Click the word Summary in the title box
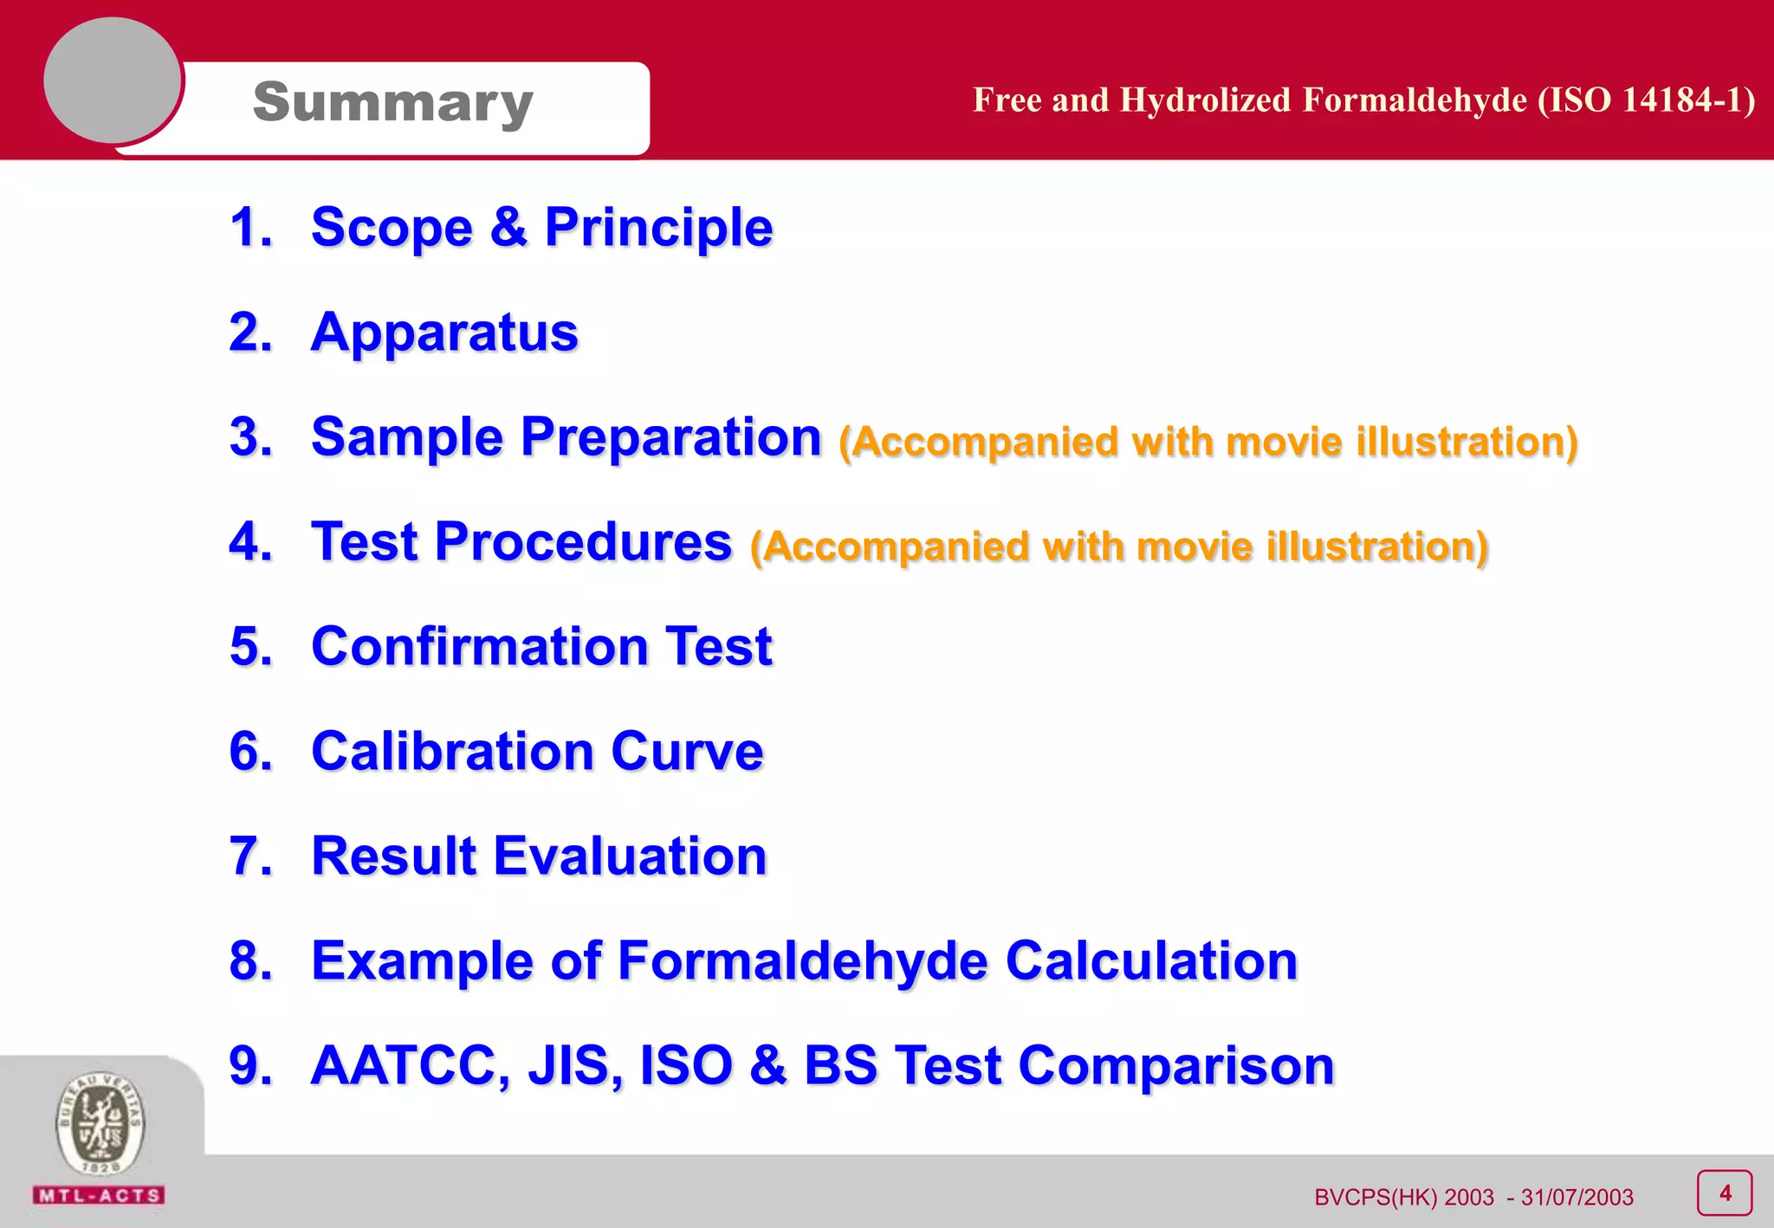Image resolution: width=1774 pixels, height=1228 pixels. [392, 103]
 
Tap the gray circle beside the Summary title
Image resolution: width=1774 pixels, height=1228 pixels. [113, 81]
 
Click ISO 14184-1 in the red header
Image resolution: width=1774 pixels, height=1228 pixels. [1651, 100]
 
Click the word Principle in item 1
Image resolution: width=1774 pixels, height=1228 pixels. [657, 228]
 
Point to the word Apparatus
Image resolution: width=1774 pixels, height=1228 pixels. [443, 333]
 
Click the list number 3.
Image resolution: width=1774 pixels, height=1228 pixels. [250, 436]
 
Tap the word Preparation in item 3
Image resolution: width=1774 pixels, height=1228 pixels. [670, 436]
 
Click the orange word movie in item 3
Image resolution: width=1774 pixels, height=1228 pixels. [1284, 442]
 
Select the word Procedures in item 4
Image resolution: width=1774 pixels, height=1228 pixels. [582, 542]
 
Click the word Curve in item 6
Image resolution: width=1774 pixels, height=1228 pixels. [686, 751]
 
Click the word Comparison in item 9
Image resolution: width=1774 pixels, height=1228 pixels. [1175, 1065]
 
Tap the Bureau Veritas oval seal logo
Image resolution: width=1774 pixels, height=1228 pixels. [100, 1124]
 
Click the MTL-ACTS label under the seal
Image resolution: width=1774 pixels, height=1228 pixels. [99, 1196]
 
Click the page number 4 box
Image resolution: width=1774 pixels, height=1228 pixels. [1724, 1193]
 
